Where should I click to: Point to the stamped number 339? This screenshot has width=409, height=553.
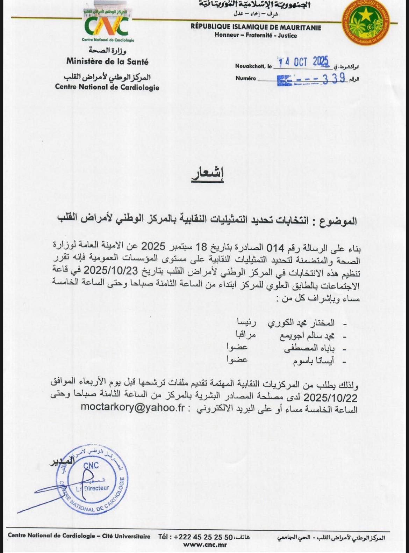334,79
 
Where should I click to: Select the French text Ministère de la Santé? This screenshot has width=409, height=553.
107,62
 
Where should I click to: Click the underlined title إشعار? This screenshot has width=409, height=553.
207,174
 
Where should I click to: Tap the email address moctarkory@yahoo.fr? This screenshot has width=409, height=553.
132,408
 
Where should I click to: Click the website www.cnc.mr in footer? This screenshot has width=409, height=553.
205,544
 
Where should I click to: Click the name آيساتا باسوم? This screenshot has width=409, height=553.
313,361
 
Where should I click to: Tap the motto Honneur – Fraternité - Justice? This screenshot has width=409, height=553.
256,35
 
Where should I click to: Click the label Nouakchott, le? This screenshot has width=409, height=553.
253,66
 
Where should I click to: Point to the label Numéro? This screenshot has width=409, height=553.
245,79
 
